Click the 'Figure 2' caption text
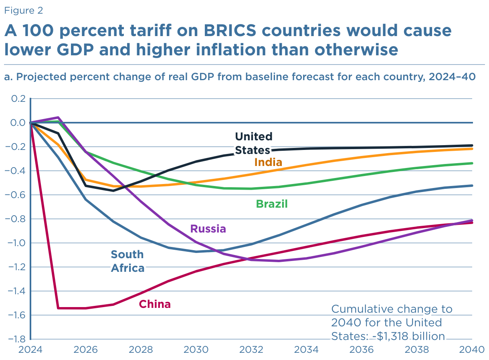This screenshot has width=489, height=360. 24,10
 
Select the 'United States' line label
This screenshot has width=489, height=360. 253,143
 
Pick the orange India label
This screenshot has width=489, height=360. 268,162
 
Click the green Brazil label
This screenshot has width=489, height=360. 272,204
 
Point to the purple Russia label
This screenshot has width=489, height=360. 208,229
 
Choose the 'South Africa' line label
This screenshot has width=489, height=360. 127,261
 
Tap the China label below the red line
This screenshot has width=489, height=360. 155,304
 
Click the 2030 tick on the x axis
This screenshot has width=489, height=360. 196,349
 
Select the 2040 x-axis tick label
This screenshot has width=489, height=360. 471,349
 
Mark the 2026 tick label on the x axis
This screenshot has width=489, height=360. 86,349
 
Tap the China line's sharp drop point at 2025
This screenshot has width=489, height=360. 59,308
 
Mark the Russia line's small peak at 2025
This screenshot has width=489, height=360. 59,117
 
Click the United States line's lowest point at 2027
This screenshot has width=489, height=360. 113,190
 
